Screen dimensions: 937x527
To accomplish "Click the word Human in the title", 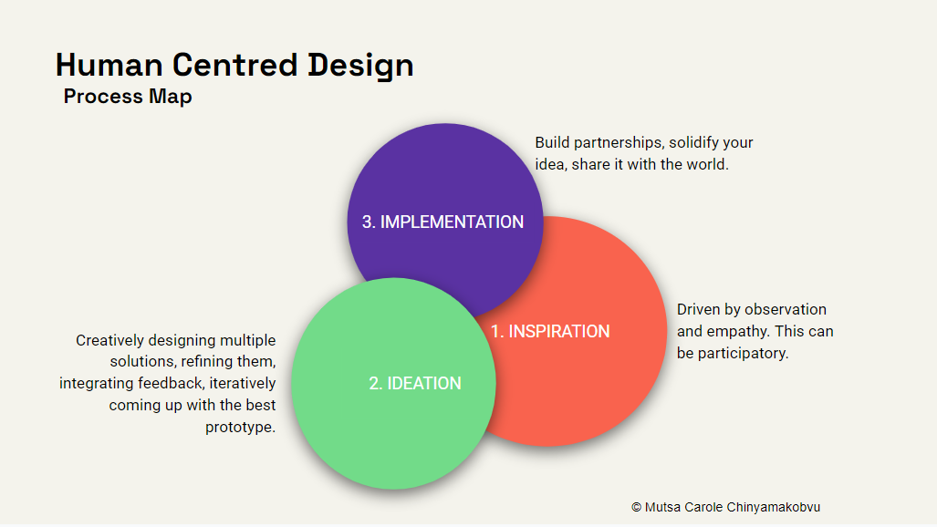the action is point(109,65).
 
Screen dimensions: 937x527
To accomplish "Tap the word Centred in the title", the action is point(235,65).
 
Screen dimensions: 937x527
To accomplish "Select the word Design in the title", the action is point(360,67).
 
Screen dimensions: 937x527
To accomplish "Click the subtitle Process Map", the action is point(128,97).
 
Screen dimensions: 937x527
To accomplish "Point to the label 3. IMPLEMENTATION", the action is point(442,222).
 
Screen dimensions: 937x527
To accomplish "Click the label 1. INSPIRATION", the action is point(550,332).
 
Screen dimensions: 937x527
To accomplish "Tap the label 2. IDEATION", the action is point(415,384).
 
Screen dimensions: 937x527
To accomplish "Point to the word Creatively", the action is point(110,341).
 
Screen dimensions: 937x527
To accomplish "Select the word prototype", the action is point(240,428).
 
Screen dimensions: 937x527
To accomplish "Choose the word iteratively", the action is point(242,384).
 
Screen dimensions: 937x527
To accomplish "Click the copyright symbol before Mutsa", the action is point(637,507).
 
